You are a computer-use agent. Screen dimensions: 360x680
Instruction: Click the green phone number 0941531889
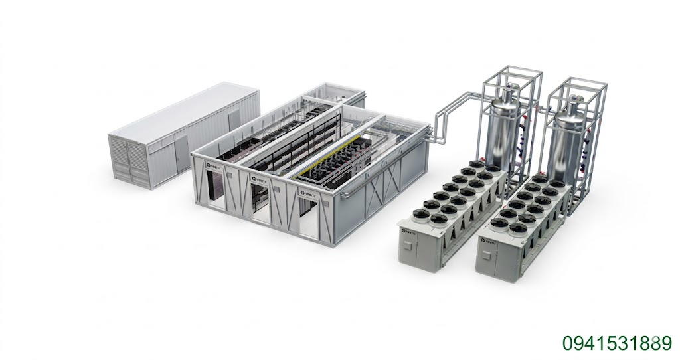click(617, 343)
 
